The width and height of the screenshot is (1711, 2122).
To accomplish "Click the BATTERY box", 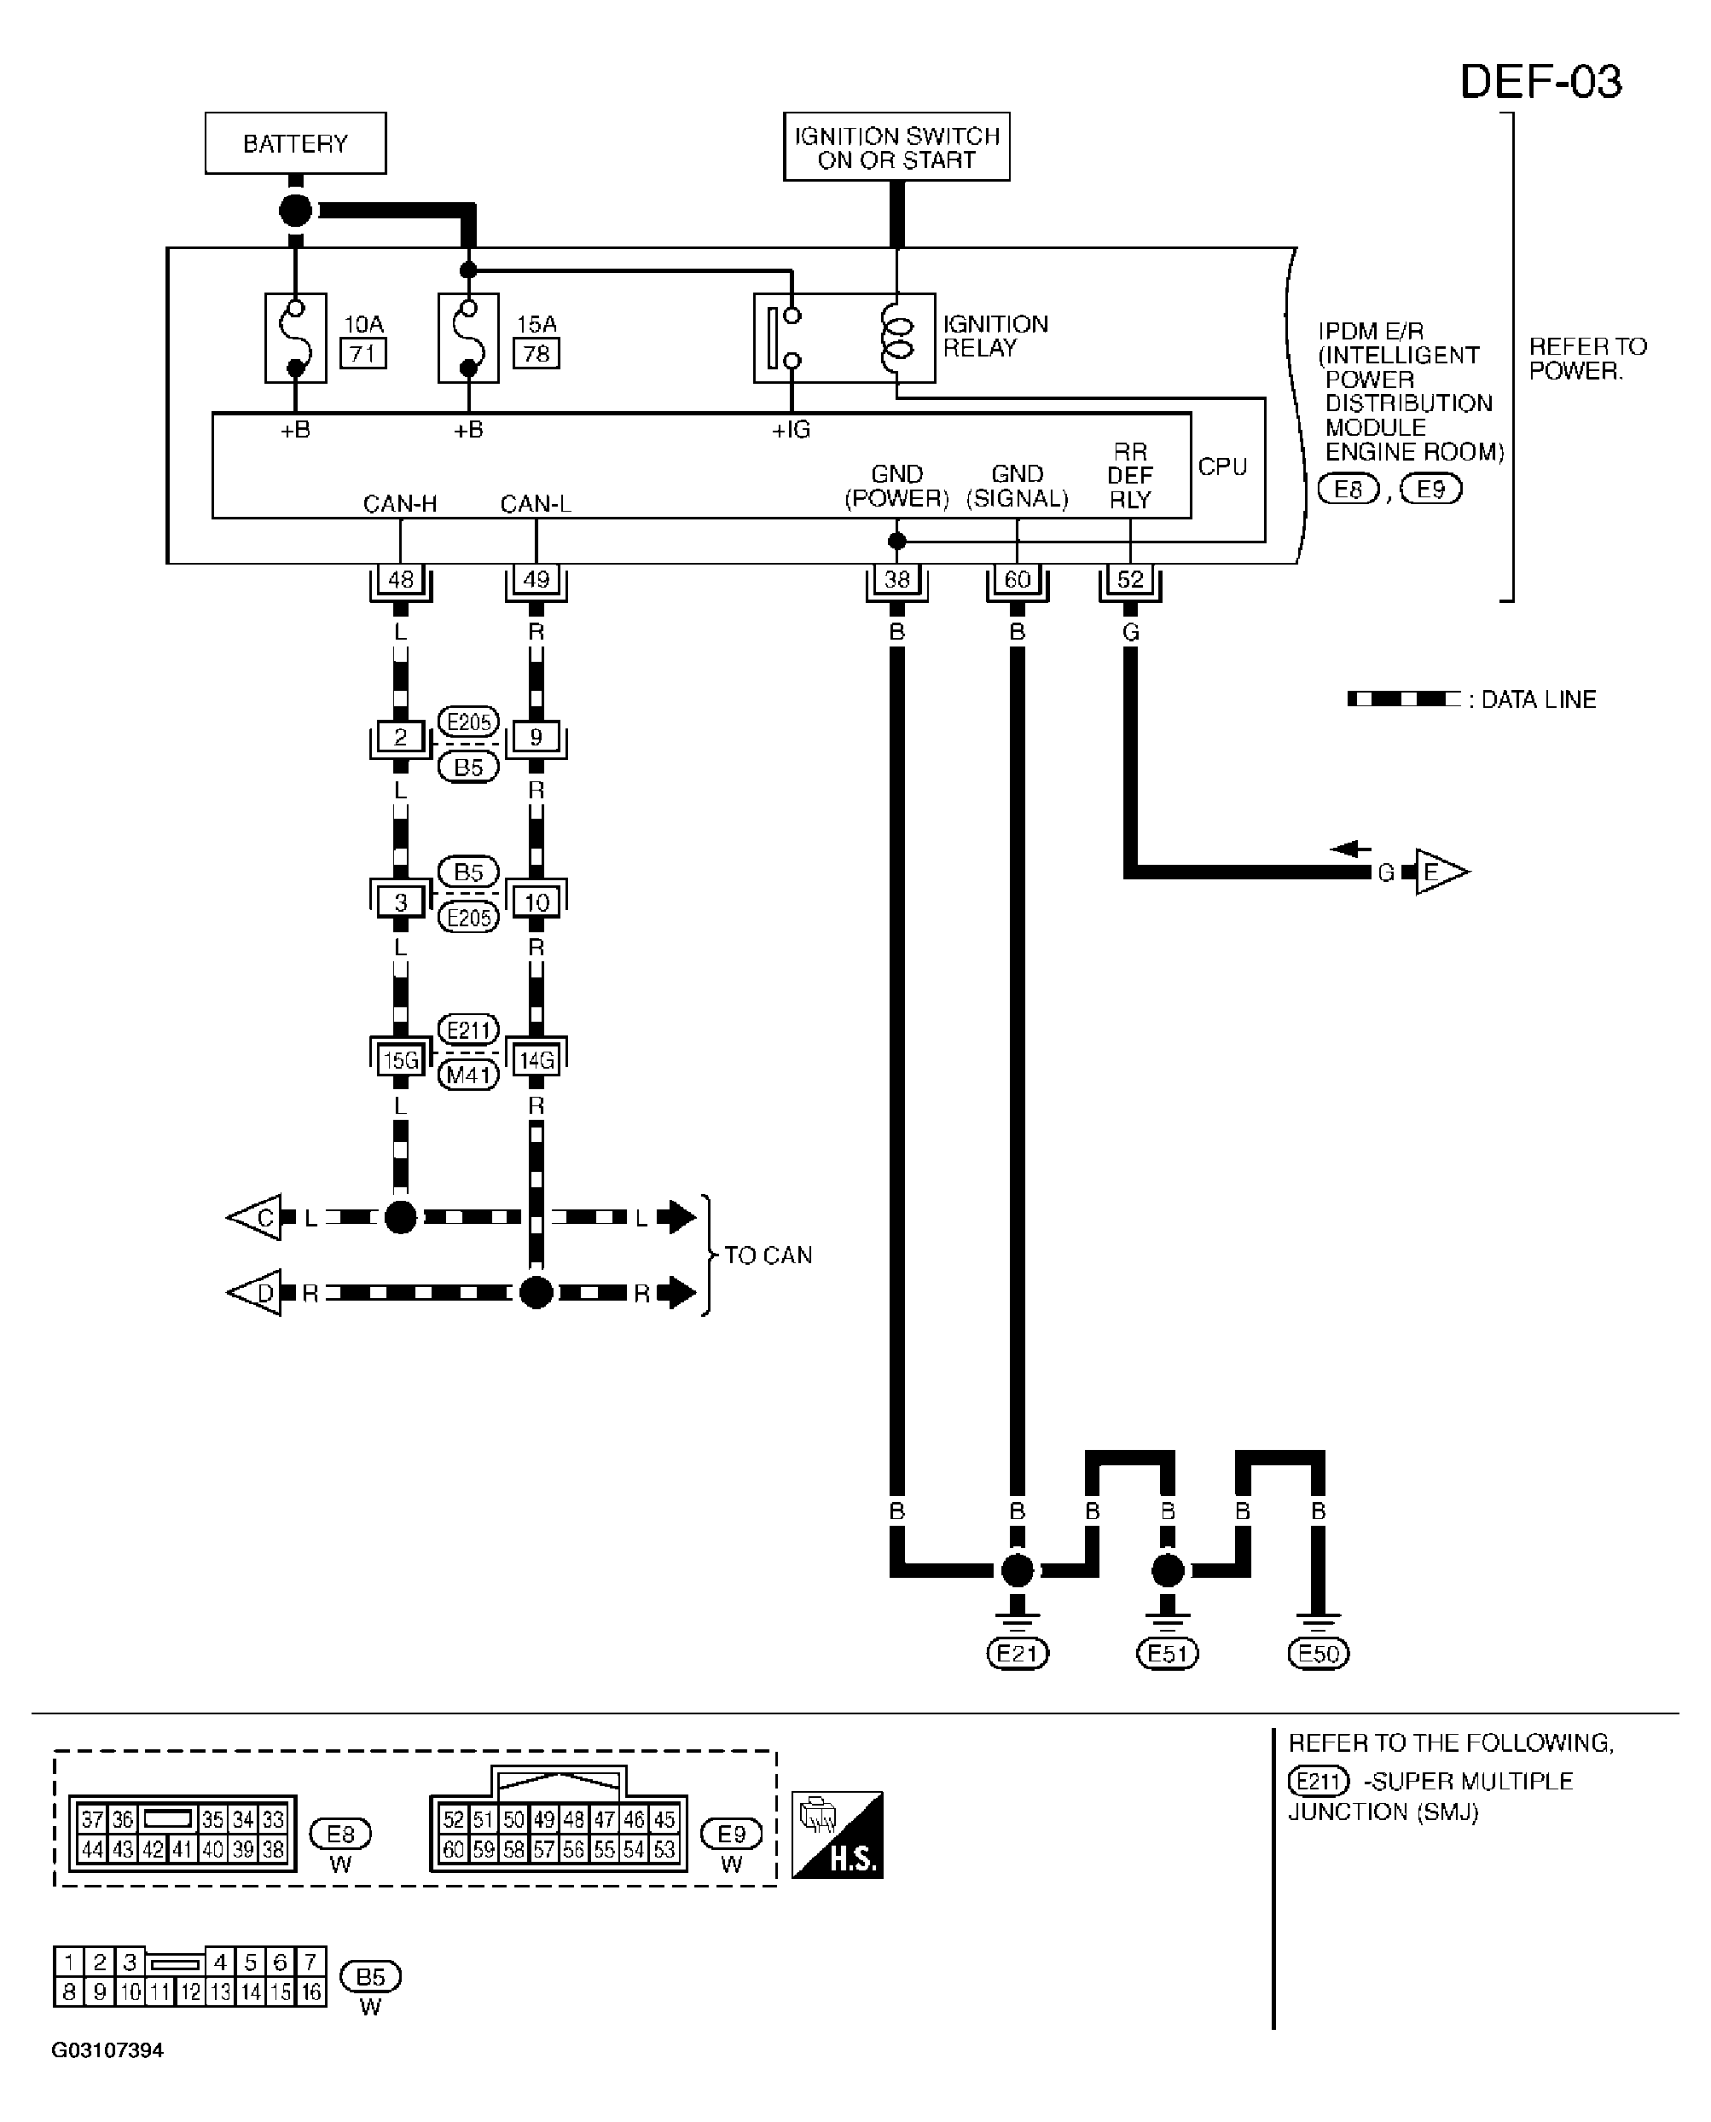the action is click(296, 143).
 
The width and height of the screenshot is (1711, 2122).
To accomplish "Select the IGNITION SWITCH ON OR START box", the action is click(897, 147).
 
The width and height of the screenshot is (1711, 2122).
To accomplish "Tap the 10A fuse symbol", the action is click(296, 338).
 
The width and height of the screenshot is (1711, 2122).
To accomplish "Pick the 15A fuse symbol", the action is click(468, 338).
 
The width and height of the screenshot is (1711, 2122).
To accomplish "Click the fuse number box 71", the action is click(362, 353).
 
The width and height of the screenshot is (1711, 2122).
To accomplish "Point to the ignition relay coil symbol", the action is click(897, 338).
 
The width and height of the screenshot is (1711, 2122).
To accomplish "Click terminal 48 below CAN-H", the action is click(400, 579).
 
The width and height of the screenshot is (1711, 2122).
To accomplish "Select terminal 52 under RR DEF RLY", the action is click(1130, 579).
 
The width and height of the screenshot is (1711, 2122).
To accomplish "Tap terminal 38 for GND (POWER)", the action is click(897, 579).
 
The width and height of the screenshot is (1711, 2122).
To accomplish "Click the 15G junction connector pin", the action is click(400, 1060).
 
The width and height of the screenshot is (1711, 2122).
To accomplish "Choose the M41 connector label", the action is click(468, 1075).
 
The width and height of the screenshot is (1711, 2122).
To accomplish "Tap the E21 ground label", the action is click(1018, 1653).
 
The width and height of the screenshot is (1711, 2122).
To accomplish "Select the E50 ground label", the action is click(1319, 1653).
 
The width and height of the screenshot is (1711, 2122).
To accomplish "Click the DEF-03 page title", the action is click(1540, 82).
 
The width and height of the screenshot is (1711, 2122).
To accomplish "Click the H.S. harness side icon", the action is click(838, 1835).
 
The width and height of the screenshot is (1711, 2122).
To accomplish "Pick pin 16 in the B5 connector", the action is click(311, 1992).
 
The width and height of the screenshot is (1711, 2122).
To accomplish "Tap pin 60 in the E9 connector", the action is click(454, 1850).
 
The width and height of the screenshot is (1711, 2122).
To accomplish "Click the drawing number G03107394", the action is click(107, 2051).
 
